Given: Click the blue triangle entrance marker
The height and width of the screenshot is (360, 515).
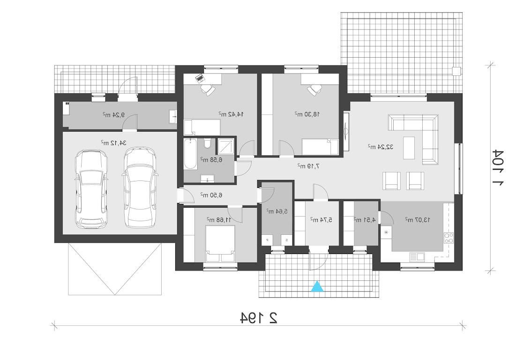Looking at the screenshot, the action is pos(317,286).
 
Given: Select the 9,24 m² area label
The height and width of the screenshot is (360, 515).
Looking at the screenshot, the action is pos(114,115).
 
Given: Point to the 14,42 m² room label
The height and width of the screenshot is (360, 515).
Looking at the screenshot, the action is pos(231,114).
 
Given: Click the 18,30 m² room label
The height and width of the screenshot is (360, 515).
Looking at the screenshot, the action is pos(307,114).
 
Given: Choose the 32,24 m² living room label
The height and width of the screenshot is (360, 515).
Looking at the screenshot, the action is pos(381,147).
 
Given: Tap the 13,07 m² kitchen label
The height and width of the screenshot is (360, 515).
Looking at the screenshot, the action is pos(418,219).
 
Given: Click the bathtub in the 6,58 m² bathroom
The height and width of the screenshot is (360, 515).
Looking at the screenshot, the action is pos(191,154).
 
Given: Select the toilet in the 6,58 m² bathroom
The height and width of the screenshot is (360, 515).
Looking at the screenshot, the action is pos(207,144).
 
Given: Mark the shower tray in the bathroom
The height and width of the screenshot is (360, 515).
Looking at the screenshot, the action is pos(226,146).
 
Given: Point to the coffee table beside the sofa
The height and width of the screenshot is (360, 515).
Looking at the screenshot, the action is pos(409,145).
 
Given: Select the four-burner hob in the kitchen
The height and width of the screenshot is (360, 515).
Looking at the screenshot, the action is pos(448,238).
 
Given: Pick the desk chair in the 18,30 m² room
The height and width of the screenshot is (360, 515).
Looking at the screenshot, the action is pos(314,90).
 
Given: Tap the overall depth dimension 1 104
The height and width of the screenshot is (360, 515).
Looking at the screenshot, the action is pos(497,168).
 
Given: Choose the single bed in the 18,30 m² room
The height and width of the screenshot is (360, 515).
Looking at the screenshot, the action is pos(320,147).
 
